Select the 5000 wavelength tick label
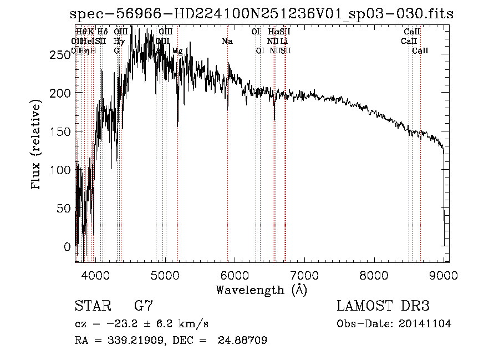point(165,274)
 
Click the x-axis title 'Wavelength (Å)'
point(261,290)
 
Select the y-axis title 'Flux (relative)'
point(37,145)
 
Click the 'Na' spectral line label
point(227,42)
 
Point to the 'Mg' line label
point(177,51)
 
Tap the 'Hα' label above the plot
point(273,32)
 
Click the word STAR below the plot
point(91,306)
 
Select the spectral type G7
point(144,306)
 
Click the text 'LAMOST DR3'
point(383,306)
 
